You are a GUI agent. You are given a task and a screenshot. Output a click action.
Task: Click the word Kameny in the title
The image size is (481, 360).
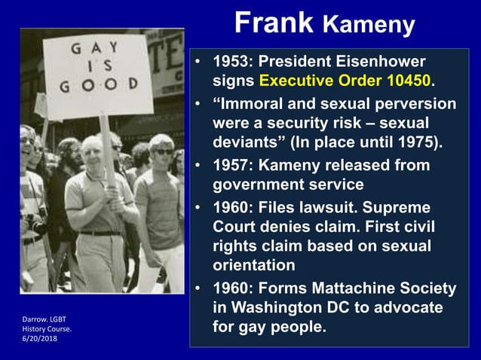coord(369,25)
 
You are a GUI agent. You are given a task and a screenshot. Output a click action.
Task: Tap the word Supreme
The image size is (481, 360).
coord(402,206)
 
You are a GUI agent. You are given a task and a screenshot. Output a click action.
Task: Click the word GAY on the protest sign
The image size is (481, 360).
coord(94,50)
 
